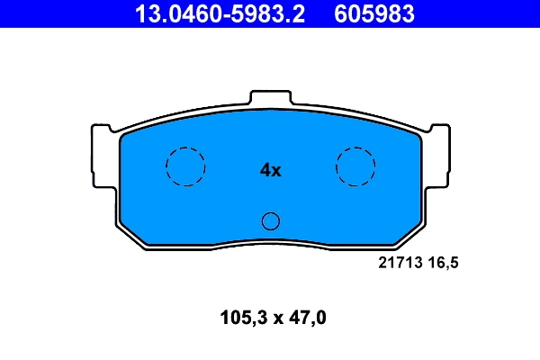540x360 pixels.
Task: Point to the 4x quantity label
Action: point(270,169)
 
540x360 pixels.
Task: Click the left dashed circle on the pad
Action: point(185,166)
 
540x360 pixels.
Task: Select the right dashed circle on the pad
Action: point(355,166)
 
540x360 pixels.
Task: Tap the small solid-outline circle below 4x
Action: point(270,221)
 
